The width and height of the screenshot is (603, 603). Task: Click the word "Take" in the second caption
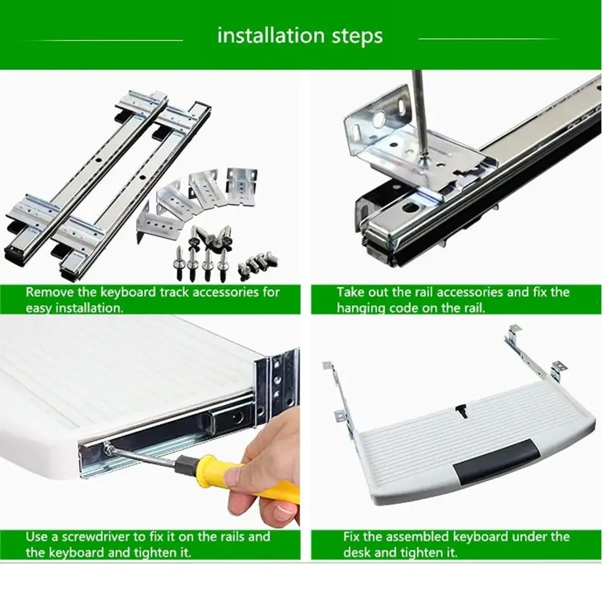(350, 292)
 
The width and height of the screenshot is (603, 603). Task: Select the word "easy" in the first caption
(39, 308)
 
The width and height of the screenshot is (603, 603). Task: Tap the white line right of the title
(489, 39)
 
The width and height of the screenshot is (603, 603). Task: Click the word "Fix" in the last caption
(352, 537)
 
